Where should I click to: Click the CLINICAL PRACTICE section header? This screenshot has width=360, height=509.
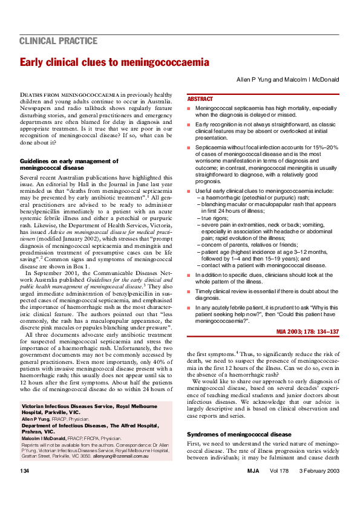tap(59, 41)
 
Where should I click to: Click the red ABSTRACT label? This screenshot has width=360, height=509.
tap(200, 99)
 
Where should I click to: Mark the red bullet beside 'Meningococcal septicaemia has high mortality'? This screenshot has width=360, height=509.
tap(188, 108)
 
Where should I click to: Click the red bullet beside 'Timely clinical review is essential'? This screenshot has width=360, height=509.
tap(188, 291)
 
